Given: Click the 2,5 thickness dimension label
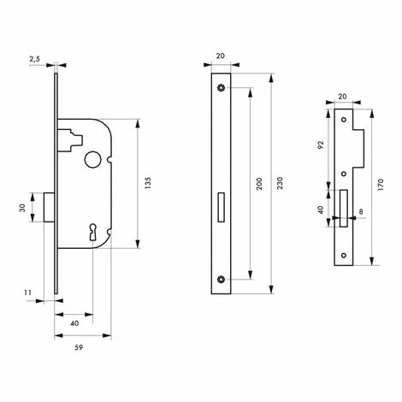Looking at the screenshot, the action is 34,59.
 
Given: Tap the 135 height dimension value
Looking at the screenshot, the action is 148,183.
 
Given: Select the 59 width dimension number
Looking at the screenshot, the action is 79,347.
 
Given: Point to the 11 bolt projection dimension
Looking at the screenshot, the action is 27,293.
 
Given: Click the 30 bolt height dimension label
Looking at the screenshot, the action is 22,208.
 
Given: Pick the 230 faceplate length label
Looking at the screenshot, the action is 280,183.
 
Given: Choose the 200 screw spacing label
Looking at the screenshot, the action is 259,184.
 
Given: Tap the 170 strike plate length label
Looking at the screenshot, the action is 381,185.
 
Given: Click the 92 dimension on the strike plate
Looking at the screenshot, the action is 321,145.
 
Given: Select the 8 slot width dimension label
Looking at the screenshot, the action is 361,212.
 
